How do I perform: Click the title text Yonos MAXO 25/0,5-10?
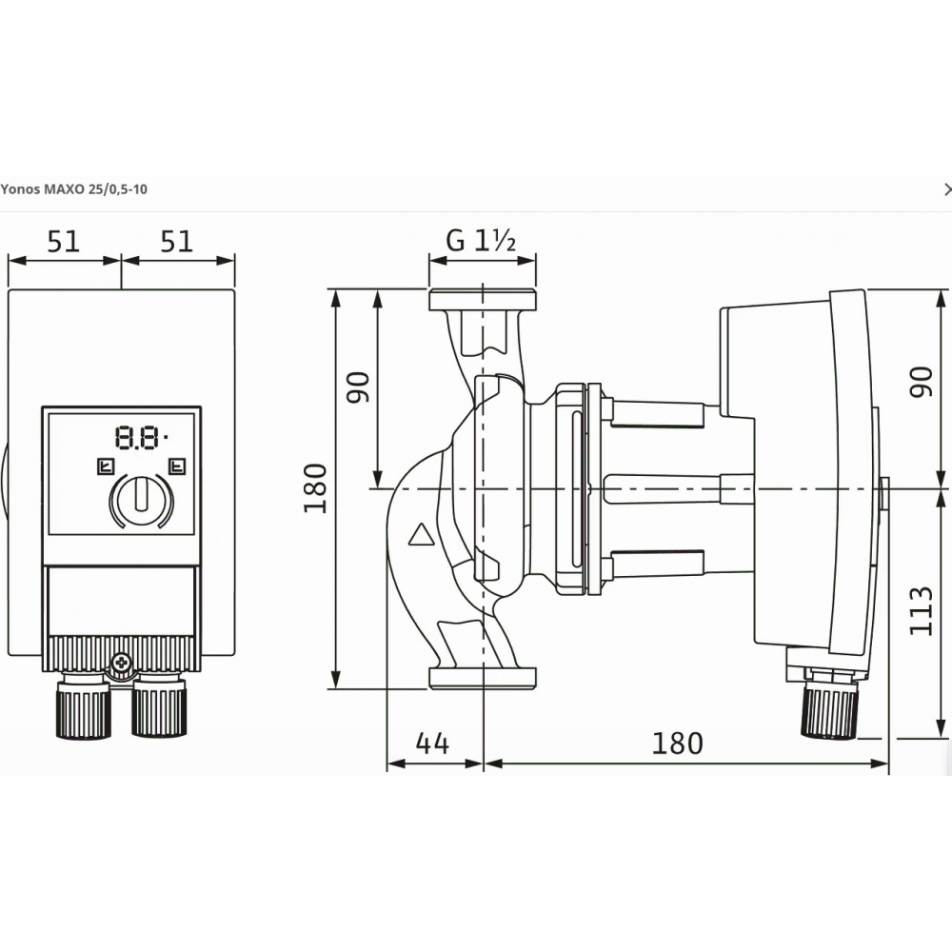click(x=73, y=189)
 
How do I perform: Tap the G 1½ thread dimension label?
click(x=481, y=241)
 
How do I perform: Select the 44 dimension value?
click(x=432, y=744)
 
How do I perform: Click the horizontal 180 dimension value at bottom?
click(x=677, y=744)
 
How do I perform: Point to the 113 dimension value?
click(x=921, y=611)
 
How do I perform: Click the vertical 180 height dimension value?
click(x=315, y=488)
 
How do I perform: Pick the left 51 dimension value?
click(x=64, y=242)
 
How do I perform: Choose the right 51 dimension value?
click(x=177, y=242)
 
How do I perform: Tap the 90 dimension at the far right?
click(x=921, y=383)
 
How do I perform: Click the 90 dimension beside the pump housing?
click(x=358, y=387)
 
